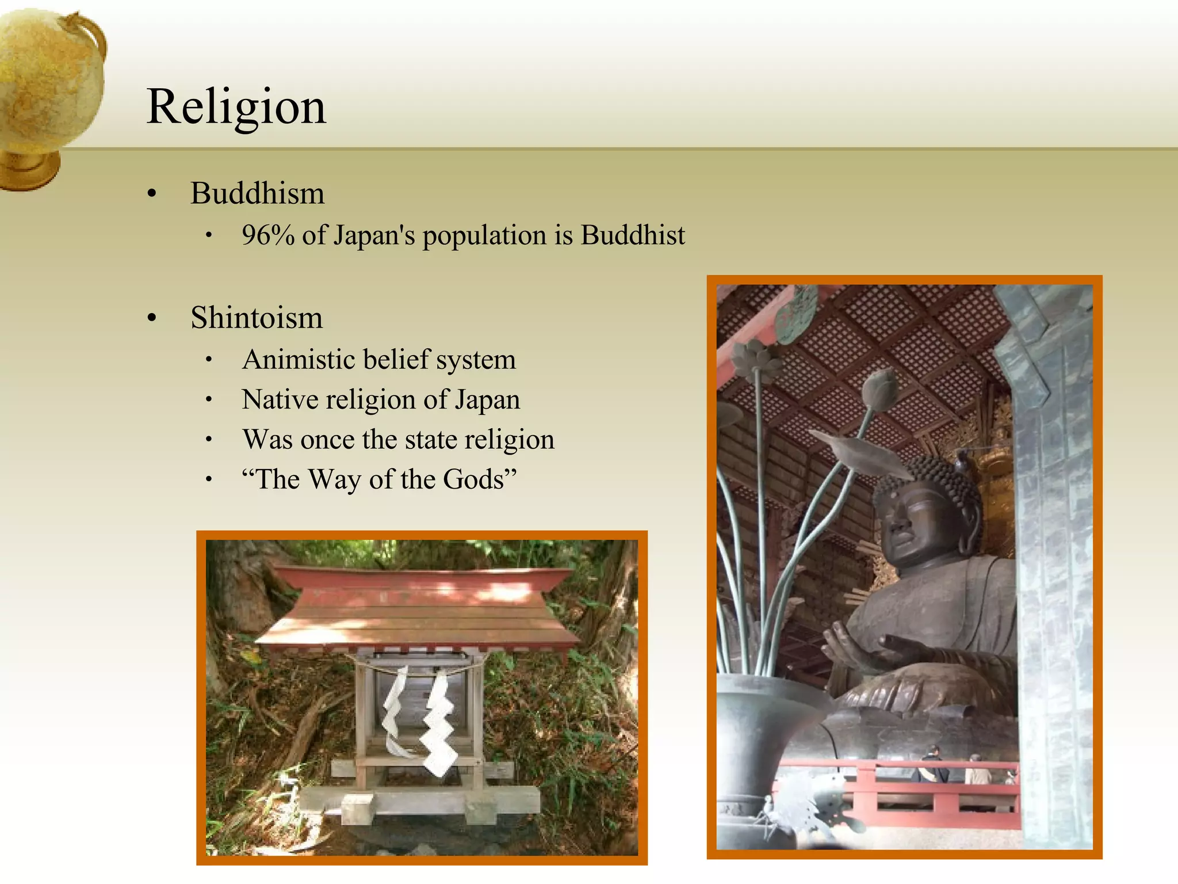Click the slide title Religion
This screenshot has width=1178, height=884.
pyautogui.click(x=236, y=107)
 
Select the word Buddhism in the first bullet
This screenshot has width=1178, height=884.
pyautogui.click(x=258, y=193)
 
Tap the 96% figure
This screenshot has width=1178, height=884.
pyautogui.click(x=268, y=235)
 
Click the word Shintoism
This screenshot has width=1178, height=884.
pyautogui.click(x=257, y=318)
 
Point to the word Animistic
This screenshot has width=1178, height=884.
pyautogui.click(x=298, y=360)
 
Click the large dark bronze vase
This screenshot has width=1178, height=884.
pyautogui.click(x=759, y=748)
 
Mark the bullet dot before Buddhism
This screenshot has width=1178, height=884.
pyautogui.click(x=152, y=194)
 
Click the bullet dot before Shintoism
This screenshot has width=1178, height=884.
pyautogui.click(x=152, y=318)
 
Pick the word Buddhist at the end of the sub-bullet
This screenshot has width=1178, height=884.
pyautogui.click(x=633, y=235)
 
